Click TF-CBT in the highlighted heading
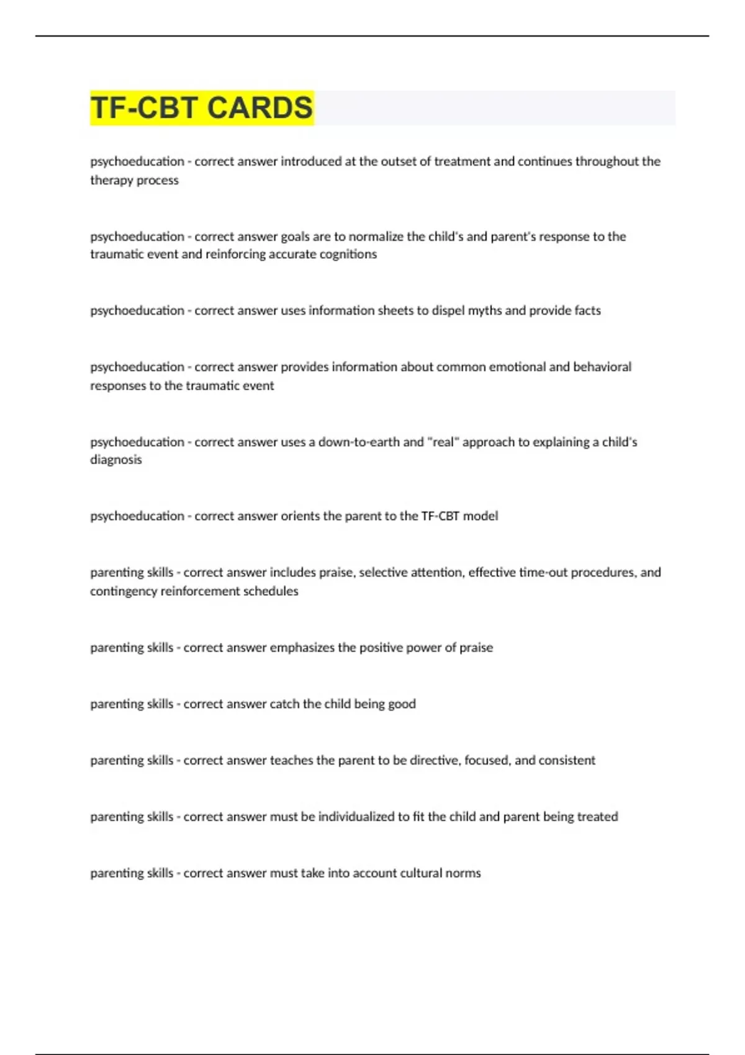tap(144, 108)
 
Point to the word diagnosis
tap(116, 460)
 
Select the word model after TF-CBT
tap(481, 516)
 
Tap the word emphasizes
tap(302, 648)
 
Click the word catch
tap(284, 704)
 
